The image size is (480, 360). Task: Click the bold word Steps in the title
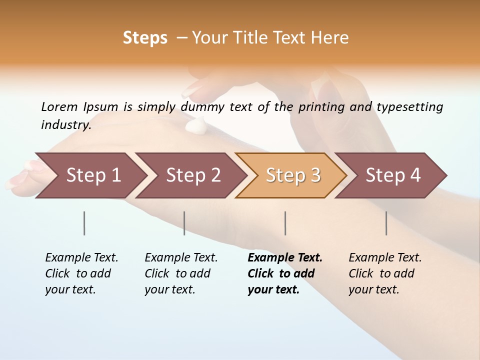tap(145, 38)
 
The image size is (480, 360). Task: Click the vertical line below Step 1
tap(84, 223)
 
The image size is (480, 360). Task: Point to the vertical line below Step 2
tap(184, 223)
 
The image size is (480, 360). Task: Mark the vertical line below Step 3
tap(285, 223)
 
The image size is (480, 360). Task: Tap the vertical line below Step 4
tap(386, 223)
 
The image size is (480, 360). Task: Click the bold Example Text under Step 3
tap(285, 273)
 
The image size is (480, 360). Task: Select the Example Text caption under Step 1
tap(81, 273)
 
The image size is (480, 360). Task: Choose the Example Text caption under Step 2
tap(181, 273)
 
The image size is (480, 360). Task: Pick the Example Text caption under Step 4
tap(385, 273)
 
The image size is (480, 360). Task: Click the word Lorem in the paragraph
tap(59, 107)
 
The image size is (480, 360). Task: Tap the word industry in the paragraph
tap(66, 125)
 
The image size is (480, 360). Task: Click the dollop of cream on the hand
tap(195, 124)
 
